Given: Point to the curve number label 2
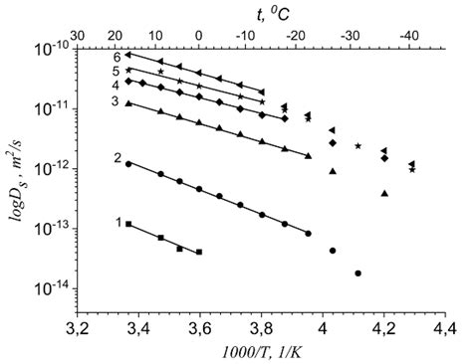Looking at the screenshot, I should point(118,158).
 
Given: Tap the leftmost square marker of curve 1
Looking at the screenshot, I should point(128,225).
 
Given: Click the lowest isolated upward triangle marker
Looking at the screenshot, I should point(384,194).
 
